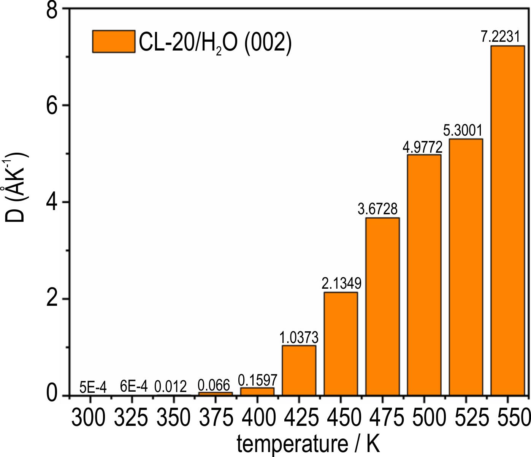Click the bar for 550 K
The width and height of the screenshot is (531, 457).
507,220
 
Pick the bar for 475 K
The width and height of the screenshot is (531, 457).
382,306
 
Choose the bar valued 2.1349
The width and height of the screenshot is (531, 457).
341,343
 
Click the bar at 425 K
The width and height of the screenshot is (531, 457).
299,370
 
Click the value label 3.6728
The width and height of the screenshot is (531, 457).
378,209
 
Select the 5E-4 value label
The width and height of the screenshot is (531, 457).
93,388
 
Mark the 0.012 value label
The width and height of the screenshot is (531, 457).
171,387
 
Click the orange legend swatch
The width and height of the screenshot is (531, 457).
114,41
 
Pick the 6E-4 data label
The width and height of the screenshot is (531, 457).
133,387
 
